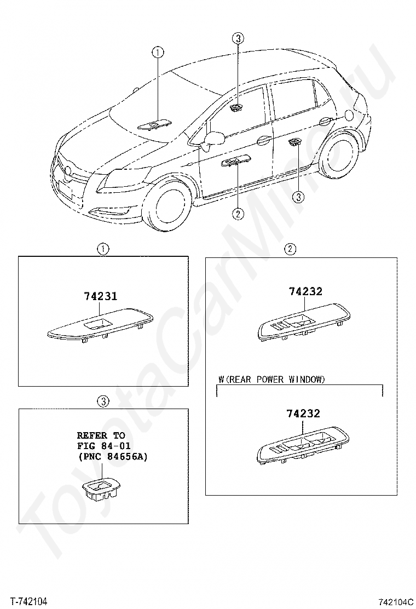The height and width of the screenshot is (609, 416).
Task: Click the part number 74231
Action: [101, 296]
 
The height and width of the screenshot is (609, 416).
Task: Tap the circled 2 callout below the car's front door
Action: [238, 214]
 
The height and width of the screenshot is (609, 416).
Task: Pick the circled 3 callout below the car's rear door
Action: [298, 197]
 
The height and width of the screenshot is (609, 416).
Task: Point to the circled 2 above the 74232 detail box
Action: [290, 249]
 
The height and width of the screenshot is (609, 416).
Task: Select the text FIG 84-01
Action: [103, 446]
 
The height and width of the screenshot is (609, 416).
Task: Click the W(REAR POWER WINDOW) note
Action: [271, 379]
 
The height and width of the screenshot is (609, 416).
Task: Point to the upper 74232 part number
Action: [305, 291]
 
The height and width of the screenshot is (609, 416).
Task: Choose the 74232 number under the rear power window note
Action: [303, 414]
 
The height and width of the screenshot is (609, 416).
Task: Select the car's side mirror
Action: [212, 141]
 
